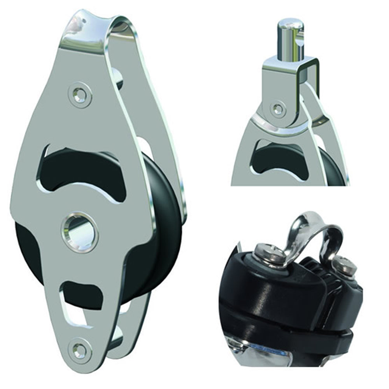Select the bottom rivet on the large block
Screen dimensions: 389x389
(x=79, y=350)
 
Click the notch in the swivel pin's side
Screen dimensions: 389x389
(x=300, y=39)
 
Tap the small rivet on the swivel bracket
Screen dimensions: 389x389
(x=278, y=109)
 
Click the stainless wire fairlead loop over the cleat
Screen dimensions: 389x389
(x=311, y=230)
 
